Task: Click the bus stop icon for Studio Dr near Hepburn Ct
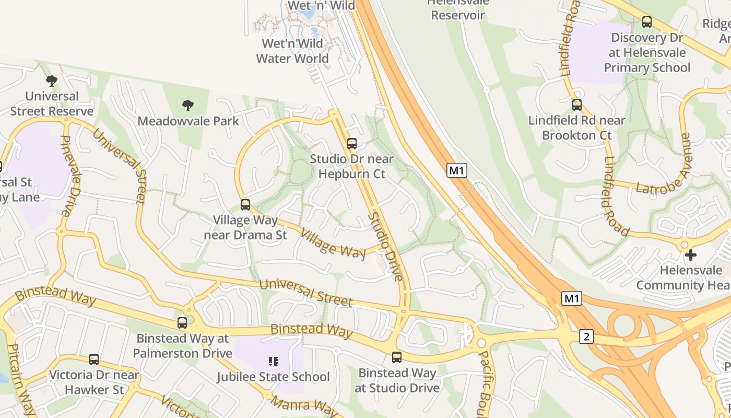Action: [x=352, y=144]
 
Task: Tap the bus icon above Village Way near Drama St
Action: [x=245, y=205]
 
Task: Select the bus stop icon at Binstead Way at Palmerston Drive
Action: [x=182, y=323]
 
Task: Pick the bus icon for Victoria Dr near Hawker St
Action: [x=94, y=359]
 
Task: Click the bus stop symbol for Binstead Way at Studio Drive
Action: [x=397, y=357]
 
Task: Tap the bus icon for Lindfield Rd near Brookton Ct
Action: [x=577, y=105]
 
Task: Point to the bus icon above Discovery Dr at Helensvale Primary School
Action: [x=647, y=22]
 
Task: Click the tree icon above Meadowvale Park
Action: [x=188, y=106]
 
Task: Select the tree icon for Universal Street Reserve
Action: [x=52, y=81]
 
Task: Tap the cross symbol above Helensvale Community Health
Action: [x=691, y=255]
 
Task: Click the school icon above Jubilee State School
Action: [x=273, y=361]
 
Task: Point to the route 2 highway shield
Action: [x=586, y=337]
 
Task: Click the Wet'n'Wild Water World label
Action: [x=292, y=51]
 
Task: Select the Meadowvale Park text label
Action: [x=188, y=121]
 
